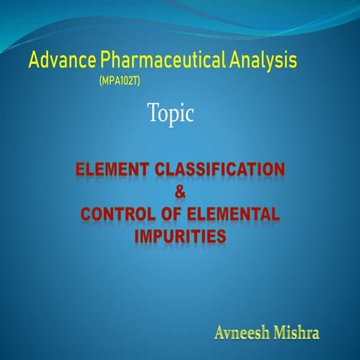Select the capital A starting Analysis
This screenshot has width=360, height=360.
tap(227, 59)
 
